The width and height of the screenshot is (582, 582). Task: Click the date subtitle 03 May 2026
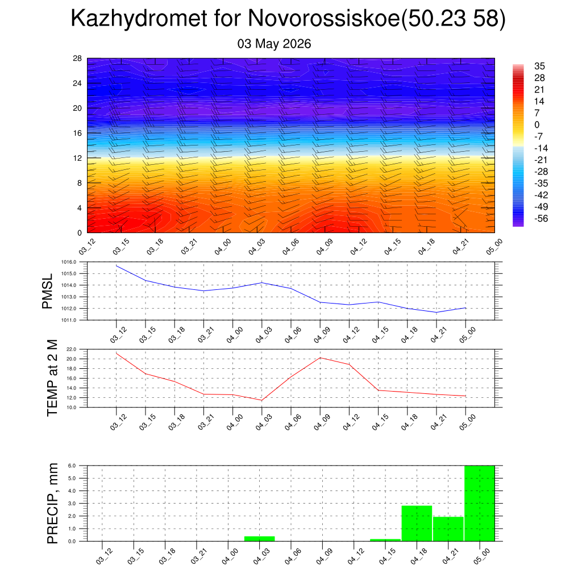274,44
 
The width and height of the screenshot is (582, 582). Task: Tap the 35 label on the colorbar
539,66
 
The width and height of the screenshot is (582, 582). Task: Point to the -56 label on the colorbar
541,218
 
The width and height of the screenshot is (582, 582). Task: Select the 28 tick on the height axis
77,59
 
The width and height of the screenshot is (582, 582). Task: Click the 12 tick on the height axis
77,158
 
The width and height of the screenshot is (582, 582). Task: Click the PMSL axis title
48,292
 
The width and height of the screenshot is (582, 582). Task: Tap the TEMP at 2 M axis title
52,378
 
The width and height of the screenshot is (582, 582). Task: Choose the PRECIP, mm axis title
52,504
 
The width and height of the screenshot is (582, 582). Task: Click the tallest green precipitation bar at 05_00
480,504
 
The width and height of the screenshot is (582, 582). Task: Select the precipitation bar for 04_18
417,523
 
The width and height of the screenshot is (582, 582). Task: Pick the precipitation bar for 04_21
448,529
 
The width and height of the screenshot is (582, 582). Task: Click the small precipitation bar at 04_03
259,539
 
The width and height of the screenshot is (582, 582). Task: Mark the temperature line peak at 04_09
321,358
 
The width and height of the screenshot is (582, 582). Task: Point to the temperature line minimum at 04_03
261,400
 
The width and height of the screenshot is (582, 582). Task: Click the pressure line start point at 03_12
117,265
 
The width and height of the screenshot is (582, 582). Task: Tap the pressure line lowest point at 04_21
436,312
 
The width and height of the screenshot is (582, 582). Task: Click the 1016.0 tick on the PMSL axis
69,262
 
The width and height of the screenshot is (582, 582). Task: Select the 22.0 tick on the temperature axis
71,350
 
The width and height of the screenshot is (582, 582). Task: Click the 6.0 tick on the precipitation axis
72,466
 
